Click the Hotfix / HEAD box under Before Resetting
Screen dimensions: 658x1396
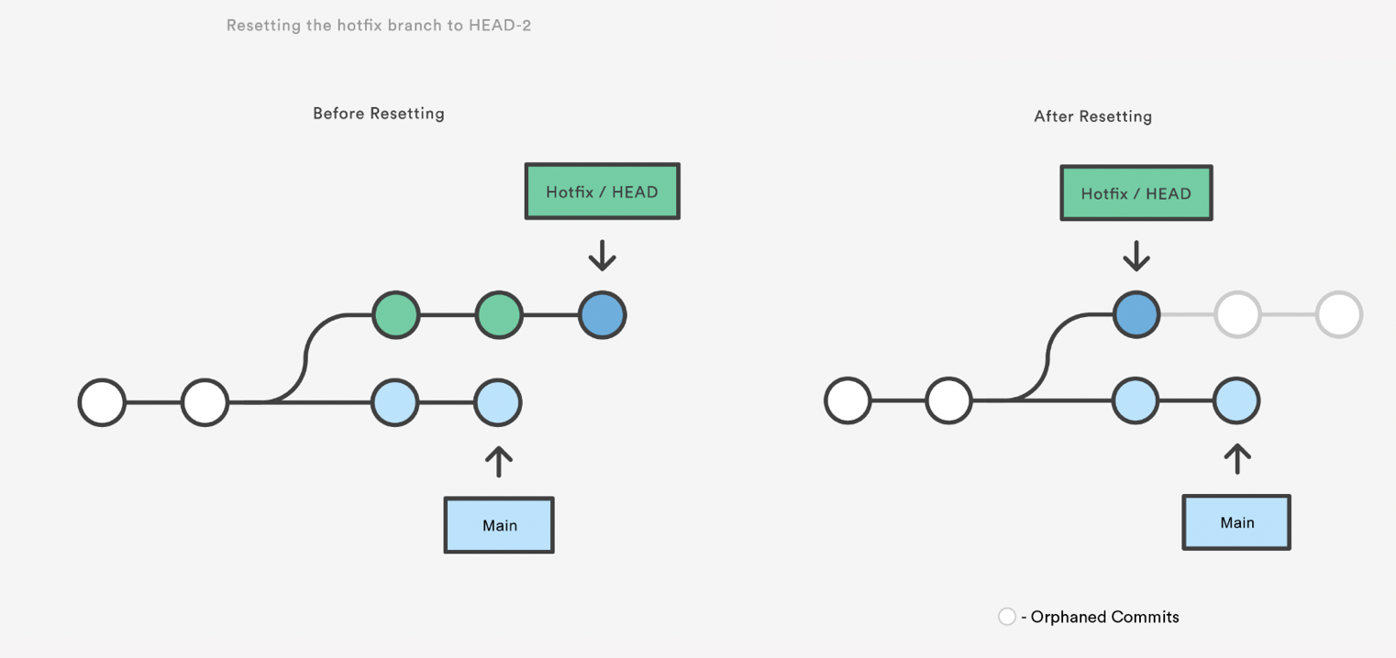(x=602, y=192)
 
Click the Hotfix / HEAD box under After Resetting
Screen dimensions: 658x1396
(x=1136, y=193)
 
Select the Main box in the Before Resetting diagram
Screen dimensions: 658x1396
(x=499, y=525)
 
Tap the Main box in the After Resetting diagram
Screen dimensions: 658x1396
(x=1236, y=522)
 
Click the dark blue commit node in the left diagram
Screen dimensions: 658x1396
(x=602, y=315)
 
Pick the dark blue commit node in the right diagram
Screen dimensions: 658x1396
(x=1136, y=314)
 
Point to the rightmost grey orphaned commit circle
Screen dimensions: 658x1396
(x=1338, y=314)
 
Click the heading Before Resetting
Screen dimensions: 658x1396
(x=378, y=114)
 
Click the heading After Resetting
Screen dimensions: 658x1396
(x=1092, y=116)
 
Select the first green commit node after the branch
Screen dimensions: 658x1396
(x=396, y=315)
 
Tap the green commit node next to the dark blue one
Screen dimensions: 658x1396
(x=499, y=315)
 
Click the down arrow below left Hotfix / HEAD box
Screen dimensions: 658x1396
(x=602, y=255)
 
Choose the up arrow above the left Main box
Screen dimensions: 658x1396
(x=499, y=462)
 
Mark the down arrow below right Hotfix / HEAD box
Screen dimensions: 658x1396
(x=1136, y=256)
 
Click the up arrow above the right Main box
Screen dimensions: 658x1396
(x=1236, y=458)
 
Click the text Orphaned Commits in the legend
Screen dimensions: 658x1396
(x=1104, y=617)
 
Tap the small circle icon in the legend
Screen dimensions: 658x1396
(x=1007, y=617)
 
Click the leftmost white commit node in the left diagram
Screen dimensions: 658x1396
(x=102, y=402)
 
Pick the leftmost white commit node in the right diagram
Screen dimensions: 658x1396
(x=848, y=401)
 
